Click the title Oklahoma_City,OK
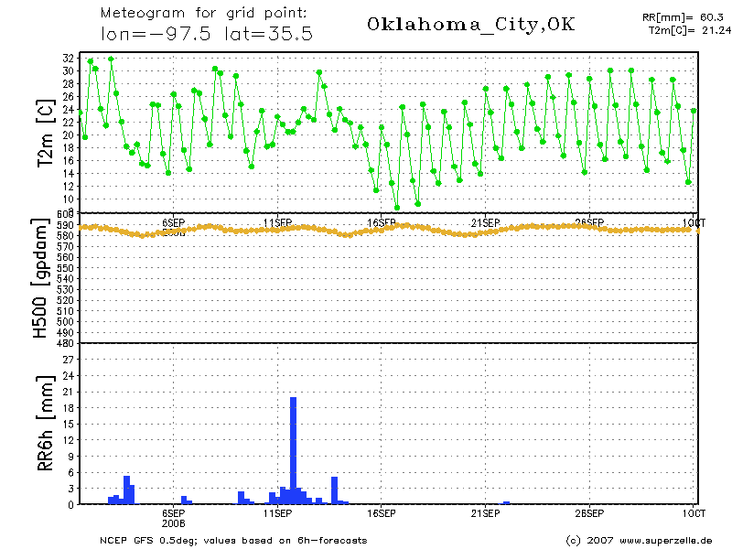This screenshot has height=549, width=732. pyautogui.click(x=470, y=25)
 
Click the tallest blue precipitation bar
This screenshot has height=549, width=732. pyautogui.click(x=293, y=450)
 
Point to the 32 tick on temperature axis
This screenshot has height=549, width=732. pyautogui.click(x=68, y=57)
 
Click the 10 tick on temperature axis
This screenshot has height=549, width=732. pyautogui.click(x=68, y=199)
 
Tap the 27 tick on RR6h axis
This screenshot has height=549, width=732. pyautogui.click(x=68, y=360)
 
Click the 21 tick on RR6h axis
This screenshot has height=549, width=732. pyautogui.click(x=68, y=392)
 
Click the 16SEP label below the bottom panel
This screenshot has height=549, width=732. pyautogui.click(x=381, y=514)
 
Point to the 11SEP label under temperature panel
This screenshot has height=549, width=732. pyautogui.click(x=277, y=222)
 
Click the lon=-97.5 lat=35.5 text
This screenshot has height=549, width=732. pyautogui.click(x=207, y=33)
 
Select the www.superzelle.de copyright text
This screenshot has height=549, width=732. pyautogui.click(x=639, y=540)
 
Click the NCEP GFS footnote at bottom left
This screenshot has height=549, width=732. pyautogui.click(x=233, y=540)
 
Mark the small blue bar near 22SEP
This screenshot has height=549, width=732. pyautogui.click(x=506, y=502)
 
